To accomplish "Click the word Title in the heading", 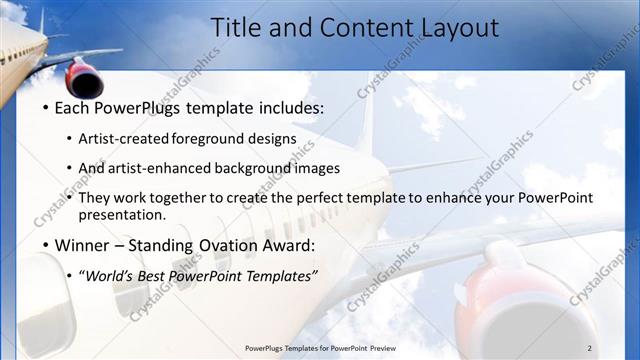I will pos(240,27).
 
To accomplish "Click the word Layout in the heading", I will pos(454,27).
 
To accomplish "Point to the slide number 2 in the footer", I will pos(589,347).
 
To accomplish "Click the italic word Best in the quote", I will pos(157,275).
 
